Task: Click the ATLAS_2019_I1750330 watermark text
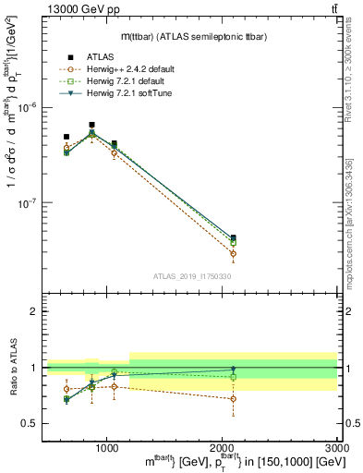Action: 192,276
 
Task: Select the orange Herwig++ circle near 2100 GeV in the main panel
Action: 233,253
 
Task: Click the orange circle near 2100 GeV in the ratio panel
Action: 233,399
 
